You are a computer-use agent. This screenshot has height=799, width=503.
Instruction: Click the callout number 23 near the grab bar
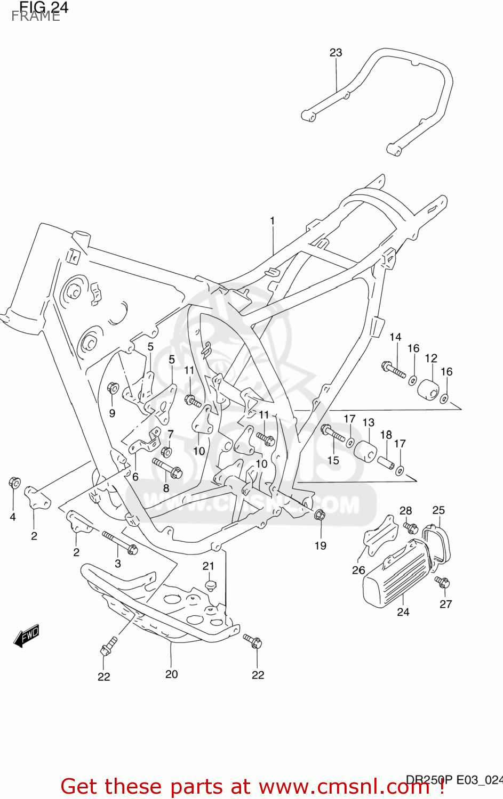336,53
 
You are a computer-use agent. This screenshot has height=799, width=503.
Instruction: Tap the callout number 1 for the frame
272,221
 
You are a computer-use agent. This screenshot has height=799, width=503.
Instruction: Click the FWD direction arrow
27,635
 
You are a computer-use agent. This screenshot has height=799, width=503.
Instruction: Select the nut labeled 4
14,483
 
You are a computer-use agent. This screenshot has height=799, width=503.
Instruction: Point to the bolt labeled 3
120,543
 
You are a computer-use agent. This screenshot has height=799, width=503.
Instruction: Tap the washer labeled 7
166,452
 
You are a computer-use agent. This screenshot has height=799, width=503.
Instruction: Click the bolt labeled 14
394,370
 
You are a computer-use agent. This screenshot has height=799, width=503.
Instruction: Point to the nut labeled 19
320,515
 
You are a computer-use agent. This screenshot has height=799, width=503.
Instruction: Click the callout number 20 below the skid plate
171,674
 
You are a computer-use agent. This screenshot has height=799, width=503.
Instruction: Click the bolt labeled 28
410,528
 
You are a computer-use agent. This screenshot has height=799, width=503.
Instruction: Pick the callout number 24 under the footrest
403,612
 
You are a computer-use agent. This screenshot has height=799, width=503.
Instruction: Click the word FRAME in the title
36,17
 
